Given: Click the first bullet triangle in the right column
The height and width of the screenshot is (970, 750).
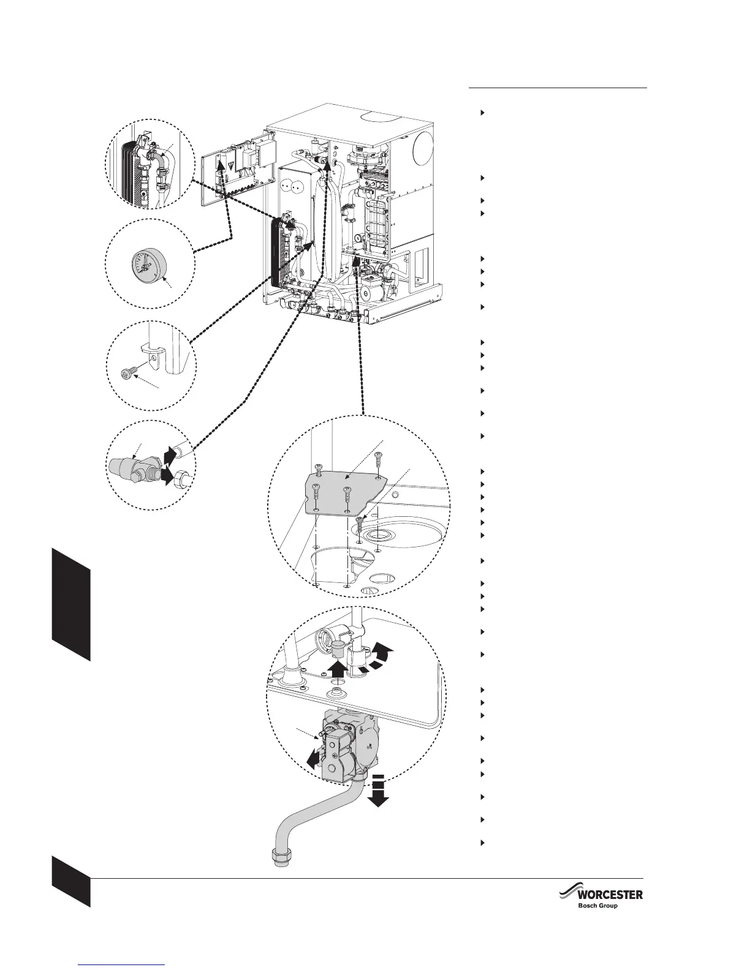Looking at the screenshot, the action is pyautogui.click(x=482, y=113).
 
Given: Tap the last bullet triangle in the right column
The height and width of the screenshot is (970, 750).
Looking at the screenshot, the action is pyautogui.click(x=482, y=843).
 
